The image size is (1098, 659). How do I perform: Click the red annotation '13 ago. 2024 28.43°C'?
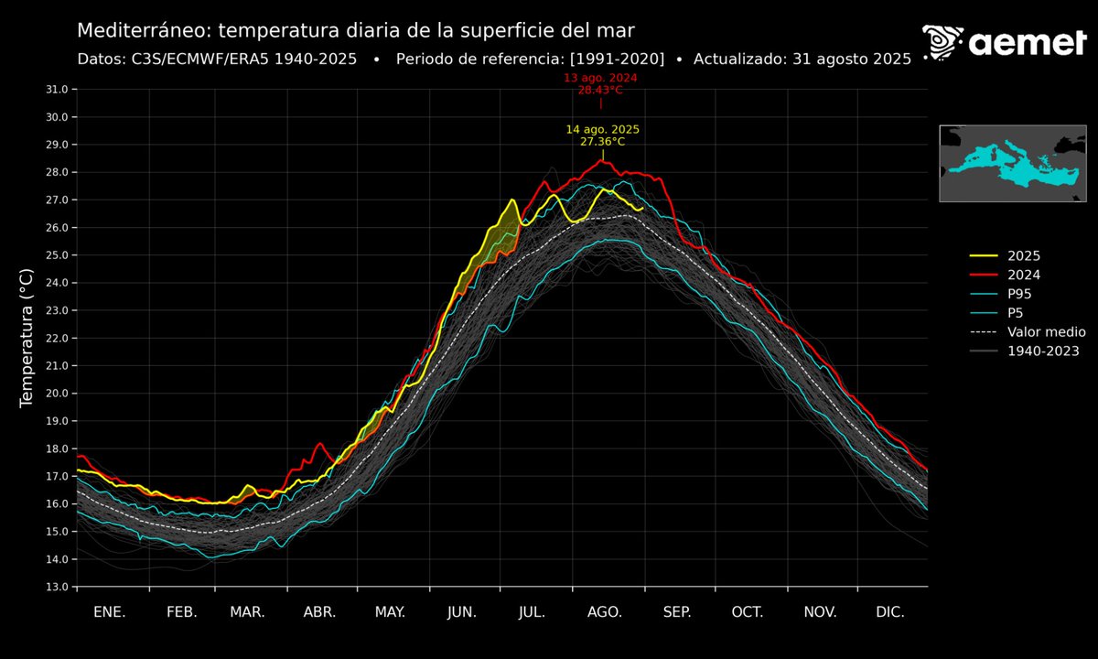click(600, 84)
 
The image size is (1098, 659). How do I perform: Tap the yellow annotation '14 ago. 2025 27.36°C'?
click(602, 135)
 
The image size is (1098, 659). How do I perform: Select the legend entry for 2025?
click(1023, 256)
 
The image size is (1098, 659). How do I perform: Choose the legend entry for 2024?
click(1023, 275)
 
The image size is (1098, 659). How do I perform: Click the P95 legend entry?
click(1021, 294)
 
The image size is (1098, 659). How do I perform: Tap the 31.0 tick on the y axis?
click(57, 90)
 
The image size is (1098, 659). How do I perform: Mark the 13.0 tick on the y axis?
click(57, 587)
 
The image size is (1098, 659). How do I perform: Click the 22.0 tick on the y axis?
click(57, 338)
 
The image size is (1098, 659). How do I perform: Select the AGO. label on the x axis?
click(605, 612)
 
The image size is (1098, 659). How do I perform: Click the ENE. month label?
click(110, 612)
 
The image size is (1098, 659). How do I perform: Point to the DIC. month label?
click(890, 612)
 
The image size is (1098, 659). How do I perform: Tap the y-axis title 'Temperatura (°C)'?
click(27, 338)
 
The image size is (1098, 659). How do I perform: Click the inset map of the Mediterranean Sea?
click(1011, 163)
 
